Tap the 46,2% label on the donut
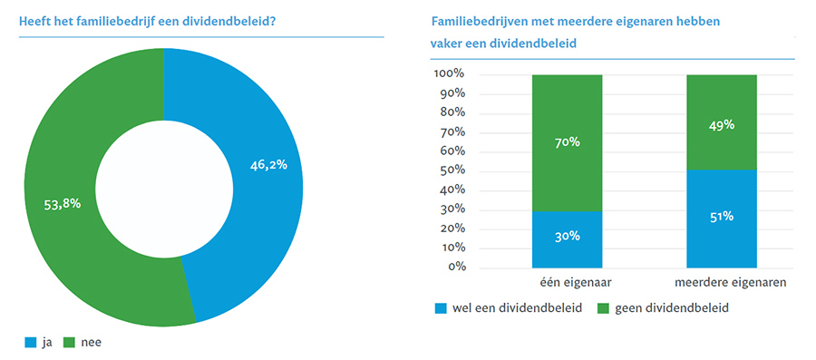coord(268,165)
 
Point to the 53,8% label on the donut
coord(63,204)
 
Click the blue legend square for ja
coord(31,343)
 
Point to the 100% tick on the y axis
coord(450,73)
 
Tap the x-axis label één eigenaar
coord(568,283)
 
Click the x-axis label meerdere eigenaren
coord(722,283)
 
